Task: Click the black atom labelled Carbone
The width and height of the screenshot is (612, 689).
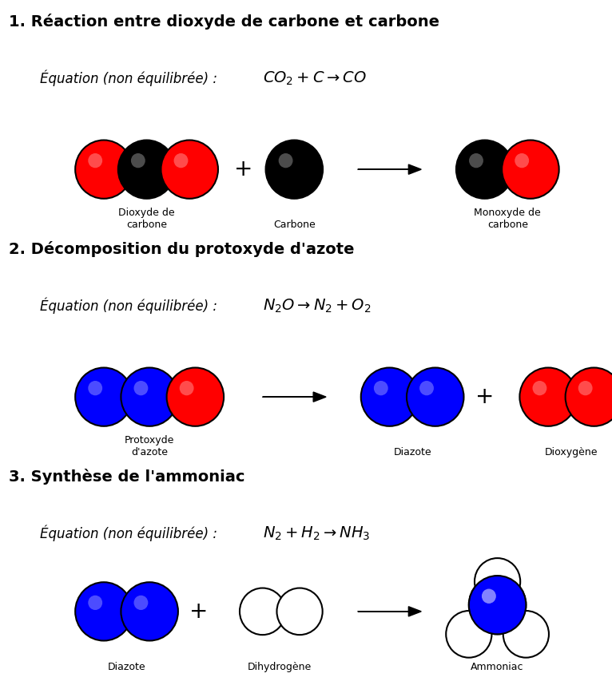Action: click(294, 169)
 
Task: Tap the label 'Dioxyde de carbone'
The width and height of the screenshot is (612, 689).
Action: click(146, 219)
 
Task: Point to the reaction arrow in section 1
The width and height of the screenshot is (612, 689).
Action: click(389, 169)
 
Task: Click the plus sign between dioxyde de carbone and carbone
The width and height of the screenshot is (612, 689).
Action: click(243, 169)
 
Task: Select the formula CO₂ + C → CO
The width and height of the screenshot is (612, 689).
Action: click(314, 78)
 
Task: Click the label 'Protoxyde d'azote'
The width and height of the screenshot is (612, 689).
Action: click(149, 446)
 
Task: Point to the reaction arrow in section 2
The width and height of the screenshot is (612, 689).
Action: click(294, 397)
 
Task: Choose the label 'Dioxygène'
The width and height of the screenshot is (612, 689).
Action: click(570, 452)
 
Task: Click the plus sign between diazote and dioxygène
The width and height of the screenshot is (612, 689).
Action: click(484, 397)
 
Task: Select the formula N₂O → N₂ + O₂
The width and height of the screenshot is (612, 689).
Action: click(316, 306)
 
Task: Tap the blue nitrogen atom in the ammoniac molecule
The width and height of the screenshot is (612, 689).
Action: click(497, 606)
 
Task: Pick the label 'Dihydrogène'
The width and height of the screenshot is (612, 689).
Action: click(279, 667)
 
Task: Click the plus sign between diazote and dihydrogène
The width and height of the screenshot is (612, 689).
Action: click(198, 612)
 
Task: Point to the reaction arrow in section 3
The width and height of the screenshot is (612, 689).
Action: click(389, 612)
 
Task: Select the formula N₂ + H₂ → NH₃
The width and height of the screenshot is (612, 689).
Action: click(316, 533)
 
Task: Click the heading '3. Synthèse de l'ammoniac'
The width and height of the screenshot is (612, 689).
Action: click(126, 477)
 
